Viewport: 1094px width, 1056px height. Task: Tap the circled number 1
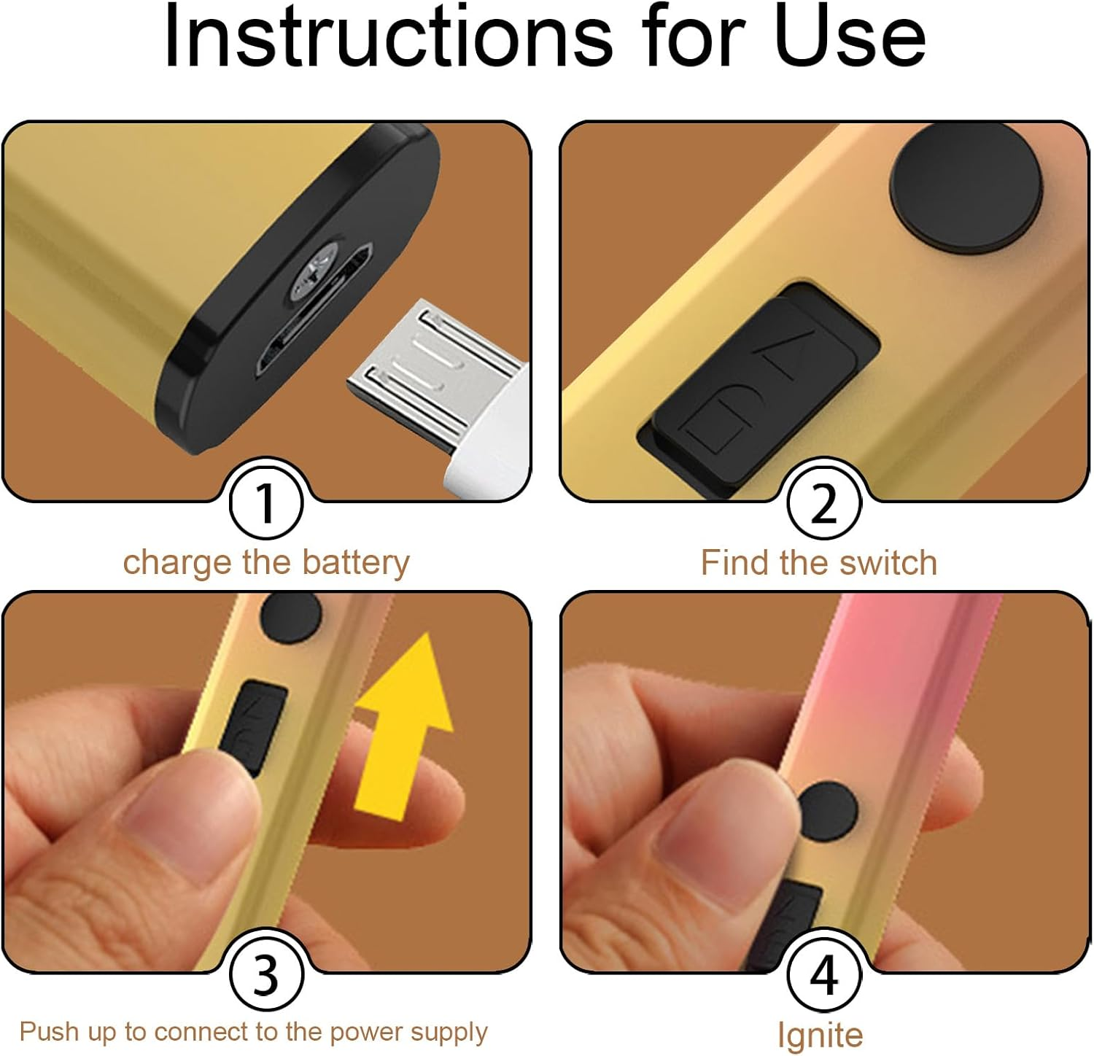pos(266,503)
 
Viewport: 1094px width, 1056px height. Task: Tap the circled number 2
pos(824,503)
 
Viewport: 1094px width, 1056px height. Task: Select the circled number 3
pos(266,974)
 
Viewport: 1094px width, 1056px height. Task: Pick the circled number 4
pos(824,974)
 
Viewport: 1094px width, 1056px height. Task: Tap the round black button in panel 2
pos(967,193)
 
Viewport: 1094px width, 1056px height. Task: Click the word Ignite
pos(820,1034)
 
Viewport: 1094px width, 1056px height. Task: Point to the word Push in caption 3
pos(50,1031)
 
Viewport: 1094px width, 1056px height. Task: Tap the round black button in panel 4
pos(826,812)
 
